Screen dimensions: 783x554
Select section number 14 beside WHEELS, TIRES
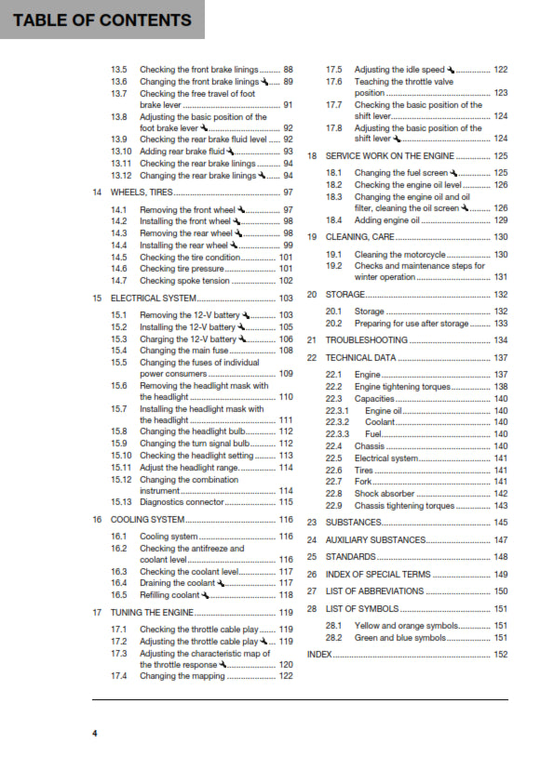(x=98, y=192)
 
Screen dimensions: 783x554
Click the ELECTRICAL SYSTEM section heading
(x=154, y=299)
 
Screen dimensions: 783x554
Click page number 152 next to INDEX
(x=500, y=654)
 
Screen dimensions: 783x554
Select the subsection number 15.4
(x=118, y=351)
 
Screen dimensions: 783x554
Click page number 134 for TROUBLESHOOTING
(x=500, y=340)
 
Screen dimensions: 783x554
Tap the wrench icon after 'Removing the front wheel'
(x=241, y=210)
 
